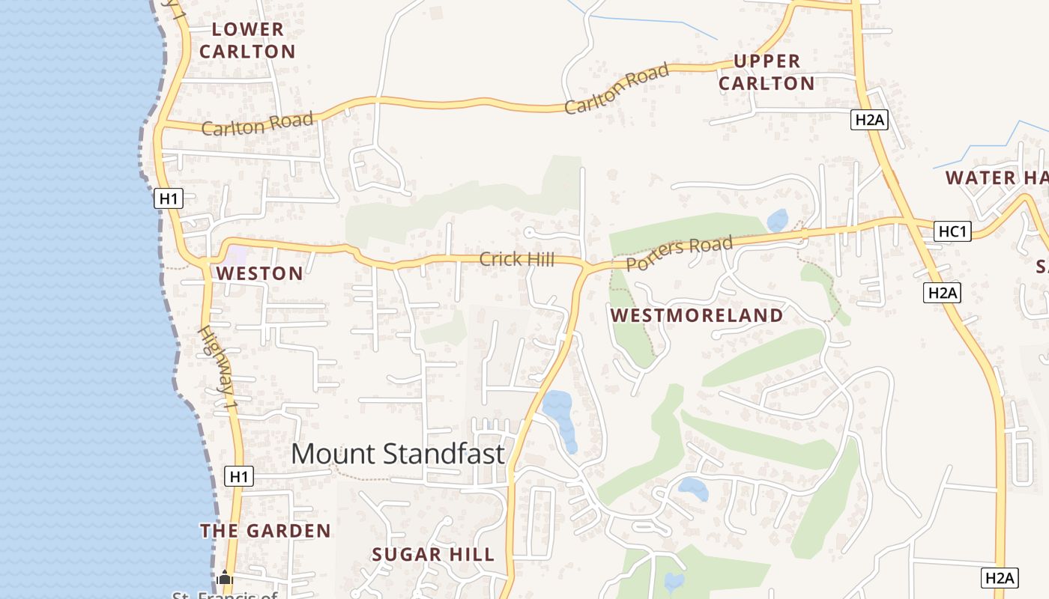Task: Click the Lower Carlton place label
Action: (x=247, y=40)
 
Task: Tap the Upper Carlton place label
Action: (x=767, y=72)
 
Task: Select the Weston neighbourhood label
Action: (x=260, y=273)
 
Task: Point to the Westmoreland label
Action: (x=697, y=315)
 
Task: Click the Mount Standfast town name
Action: (x=398, y=454)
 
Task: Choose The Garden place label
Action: (x=265, y=531)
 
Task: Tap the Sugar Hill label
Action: (x=433, y=555)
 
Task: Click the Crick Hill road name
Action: (x=517, y=260)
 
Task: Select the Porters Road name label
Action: (x=679, y=253)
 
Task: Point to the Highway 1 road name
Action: (x=218, y=367)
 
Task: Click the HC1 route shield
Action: (x=953, y=231)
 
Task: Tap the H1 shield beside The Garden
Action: (x=238, y=476)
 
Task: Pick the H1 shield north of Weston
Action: (x=169, y=198)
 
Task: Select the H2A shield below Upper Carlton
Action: (x=869, y=119)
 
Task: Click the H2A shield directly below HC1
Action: (x=942, y=293)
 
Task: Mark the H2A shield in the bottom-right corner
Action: (x=1000, y=577)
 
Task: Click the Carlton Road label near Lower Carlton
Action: (x=257, y=125)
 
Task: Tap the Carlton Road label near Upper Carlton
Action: (x=617, y=89)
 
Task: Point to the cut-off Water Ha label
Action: (x=997, y=178)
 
